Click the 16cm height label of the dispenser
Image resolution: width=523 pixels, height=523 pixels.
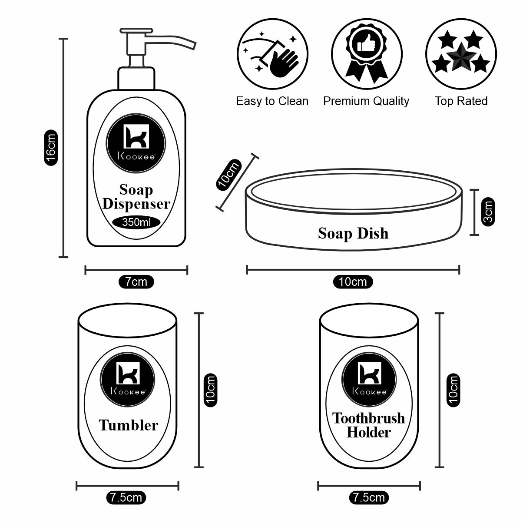click(x=51, y=147)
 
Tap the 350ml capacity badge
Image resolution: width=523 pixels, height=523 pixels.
click(x=136, y=222)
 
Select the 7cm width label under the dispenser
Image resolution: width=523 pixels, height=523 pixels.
click(x=136, y=282)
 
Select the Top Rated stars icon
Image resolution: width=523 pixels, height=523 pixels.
click(x=460, y=53)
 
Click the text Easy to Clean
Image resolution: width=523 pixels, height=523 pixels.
click(x=272, y=101)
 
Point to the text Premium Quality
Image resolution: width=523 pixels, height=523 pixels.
click(x=366, y=101)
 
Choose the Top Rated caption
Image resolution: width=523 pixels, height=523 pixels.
click(x=461, y=101)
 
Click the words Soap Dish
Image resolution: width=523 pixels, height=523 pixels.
click(x=353, y=233)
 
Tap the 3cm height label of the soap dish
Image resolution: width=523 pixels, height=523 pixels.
click(x=488, y=212)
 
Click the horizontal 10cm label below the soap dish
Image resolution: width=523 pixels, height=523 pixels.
click(x=353, y=282)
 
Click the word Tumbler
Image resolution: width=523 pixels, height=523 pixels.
click(x=128, y=425)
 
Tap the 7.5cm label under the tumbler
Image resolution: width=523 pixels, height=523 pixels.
click(x=126, y=497)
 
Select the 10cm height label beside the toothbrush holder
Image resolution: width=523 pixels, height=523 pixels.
click(x=453, y=390)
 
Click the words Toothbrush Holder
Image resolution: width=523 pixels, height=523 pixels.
click(x=369, y=425)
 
